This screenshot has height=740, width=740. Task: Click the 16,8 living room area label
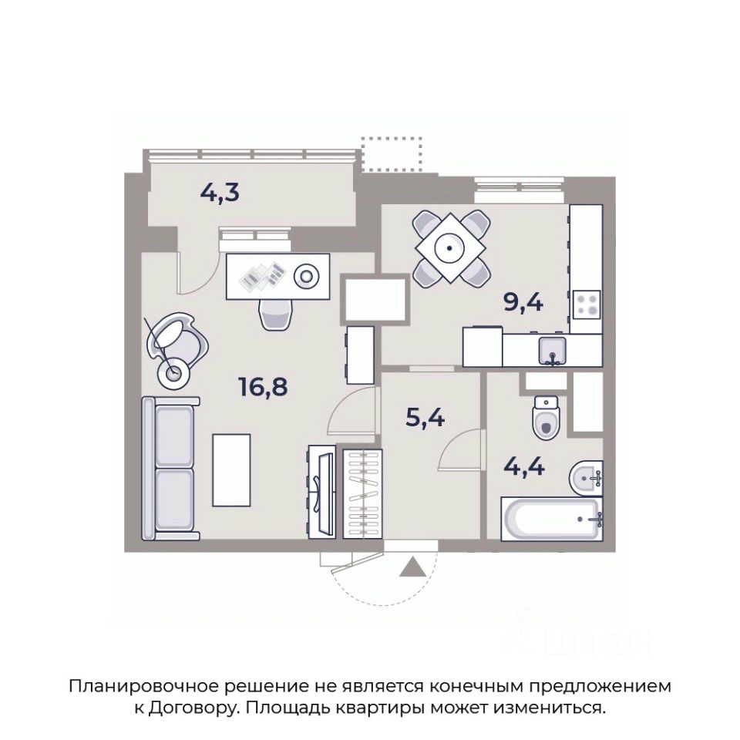click(x=264, y=388)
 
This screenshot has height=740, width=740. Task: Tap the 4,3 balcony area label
click(x=220, y=193)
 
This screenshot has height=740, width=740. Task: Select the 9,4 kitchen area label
click(x=523, y=302)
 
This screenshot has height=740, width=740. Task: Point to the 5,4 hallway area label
click(x=425, y=417)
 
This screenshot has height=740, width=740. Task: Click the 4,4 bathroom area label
click(x=524, y=467)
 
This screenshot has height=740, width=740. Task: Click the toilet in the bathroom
click(x=547, y=417)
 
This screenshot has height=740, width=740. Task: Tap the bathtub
click(x=552, y=518)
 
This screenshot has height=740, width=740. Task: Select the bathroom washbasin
click(x=586, y=478)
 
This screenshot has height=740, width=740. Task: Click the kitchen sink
click(x=553, y=351)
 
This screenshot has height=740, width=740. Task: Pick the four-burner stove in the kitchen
click(x=587, y=304)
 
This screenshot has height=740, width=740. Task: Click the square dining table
click(x=450, y=247)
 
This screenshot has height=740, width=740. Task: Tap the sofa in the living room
click(x=170, y=468)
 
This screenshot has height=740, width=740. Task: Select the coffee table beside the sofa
click(x=231, y=470)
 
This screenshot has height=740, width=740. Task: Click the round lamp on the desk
click(x=306, y=275)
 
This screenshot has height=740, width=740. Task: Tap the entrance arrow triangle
click(x=413, y=567)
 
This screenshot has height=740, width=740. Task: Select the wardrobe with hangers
click(x=362, y=494)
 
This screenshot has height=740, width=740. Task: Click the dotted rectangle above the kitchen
click(x=392, y=154)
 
